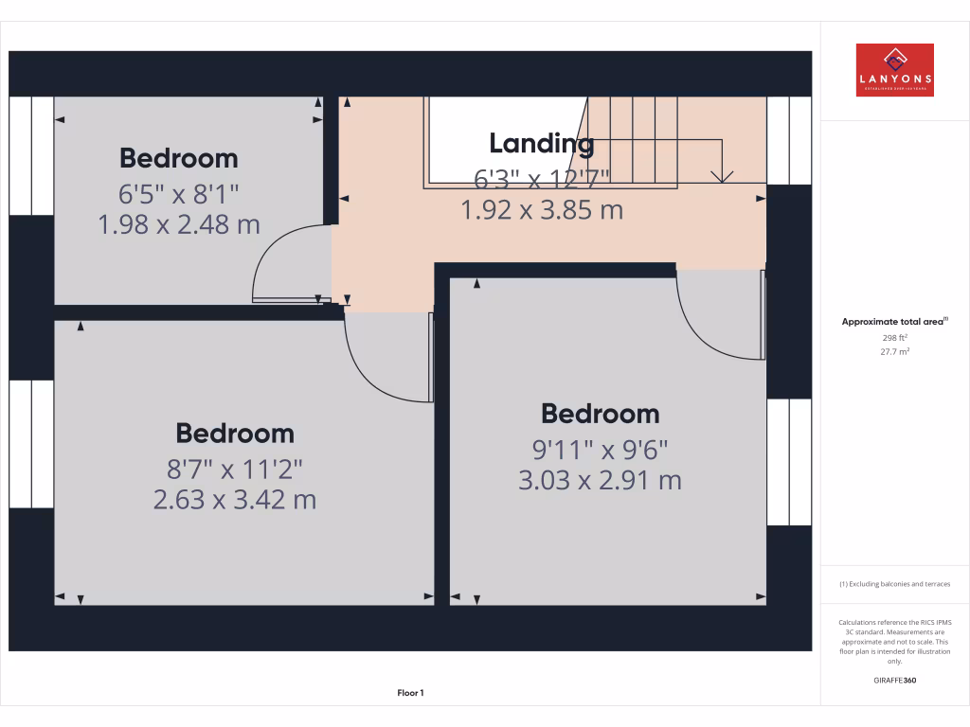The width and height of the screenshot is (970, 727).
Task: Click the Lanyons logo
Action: [894, 70]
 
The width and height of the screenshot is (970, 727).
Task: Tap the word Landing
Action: [541, 144]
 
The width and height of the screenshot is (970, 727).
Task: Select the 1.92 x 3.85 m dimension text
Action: [541, 209]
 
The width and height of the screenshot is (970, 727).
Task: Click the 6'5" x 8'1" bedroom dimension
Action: [178, 195]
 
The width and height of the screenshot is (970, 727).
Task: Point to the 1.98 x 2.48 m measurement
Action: [178, 224]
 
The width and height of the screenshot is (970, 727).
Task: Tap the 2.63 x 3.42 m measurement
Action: [235, 499]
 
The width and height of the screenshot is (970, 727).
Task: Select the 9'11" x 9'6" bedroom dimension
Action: [600, 451]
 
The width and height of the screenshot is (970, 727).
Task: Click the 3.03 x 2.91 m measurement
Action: [600, 480]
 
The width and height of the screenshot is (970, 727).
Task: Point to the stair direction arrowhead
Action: [723, 176]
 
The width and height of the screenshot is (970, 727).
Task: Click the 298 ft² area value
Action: [895, 337]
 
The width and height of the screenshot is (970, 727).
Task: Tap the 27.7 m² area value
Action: [895, 351]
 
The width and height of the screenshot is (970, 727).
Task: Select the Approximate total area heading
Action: [894, 322]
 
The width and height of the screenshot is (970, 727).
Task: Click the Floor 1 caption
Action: [410, 693]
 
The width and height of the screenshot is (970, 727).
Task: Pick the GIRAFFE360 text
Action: [895, 680]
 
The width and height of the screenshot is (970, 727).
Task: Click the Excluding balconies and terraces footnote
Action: [895, 584]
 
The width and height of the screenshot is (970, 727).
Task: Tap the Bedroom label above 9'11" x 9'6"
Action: [600, 414]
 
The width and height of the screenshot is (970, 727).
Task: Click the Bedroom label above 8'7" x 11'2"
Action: [235, 434]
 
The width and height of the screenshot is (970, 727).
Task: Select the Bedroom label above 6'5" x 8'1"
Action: [178, 158]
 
